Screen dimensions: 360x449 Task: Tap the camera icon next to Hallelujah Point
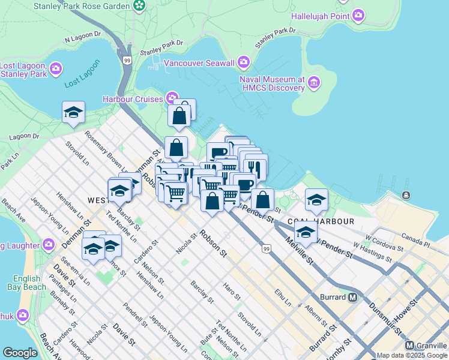(359, 14)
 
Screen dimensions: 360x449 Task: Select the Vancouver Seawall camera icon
(244, 62)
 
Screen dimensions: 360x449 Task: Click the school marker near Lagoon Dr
(73, 112)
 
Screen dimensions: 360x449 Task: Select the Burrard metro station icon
(353, 297)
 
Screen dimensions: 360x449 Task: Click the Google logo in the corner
(20, 353)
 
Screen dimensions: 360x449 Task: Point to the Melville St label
(299, 251)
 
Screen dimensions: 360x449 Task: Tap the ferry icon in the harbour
(406, 196)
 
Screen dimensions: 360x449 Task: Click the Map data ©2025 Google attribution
(411, 355)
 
